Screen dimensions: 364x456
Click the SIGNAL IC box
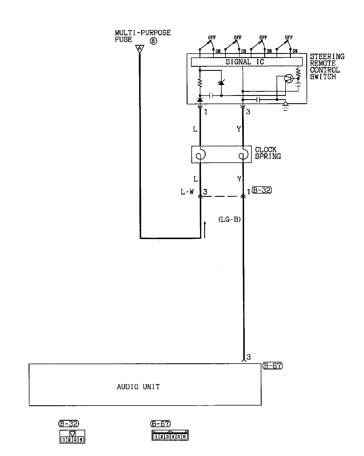[x=246, y=62]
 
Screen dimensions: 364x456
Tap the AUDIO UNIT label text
[x=138, y=387]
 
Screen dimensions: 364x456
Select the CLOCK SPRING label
[x=268, y=153]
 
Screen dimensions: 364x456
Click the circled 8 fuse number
[x=153, y=41]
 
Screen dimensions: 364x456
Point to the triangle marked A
[x=140, y=48]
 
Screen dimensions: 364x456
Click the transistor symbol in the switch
[x=289, y=78]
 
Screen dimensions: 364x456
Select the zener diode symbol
[x=221, y=83]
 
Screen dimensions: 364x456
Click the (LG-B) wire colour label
[x=230, y=220]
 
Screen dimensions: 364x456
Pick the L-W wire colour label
[x=187, y=192]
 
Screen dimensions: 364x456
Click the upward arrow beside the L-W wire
[x=205, y=229]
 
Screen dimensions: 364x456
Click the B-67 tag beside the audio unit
[x=272, y=366]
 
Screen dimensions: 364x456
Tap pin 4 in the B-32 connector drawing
[x=81, y=439]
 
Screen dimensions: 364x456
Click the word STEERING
[x=327, y=56]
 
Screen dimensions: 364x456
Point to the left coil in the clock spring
[x=200, y=155]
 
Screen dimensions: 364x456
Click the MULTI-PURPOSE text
[x=143, y=33]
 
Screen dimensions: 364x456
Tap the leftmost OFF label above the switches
[x=212, y=38]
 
